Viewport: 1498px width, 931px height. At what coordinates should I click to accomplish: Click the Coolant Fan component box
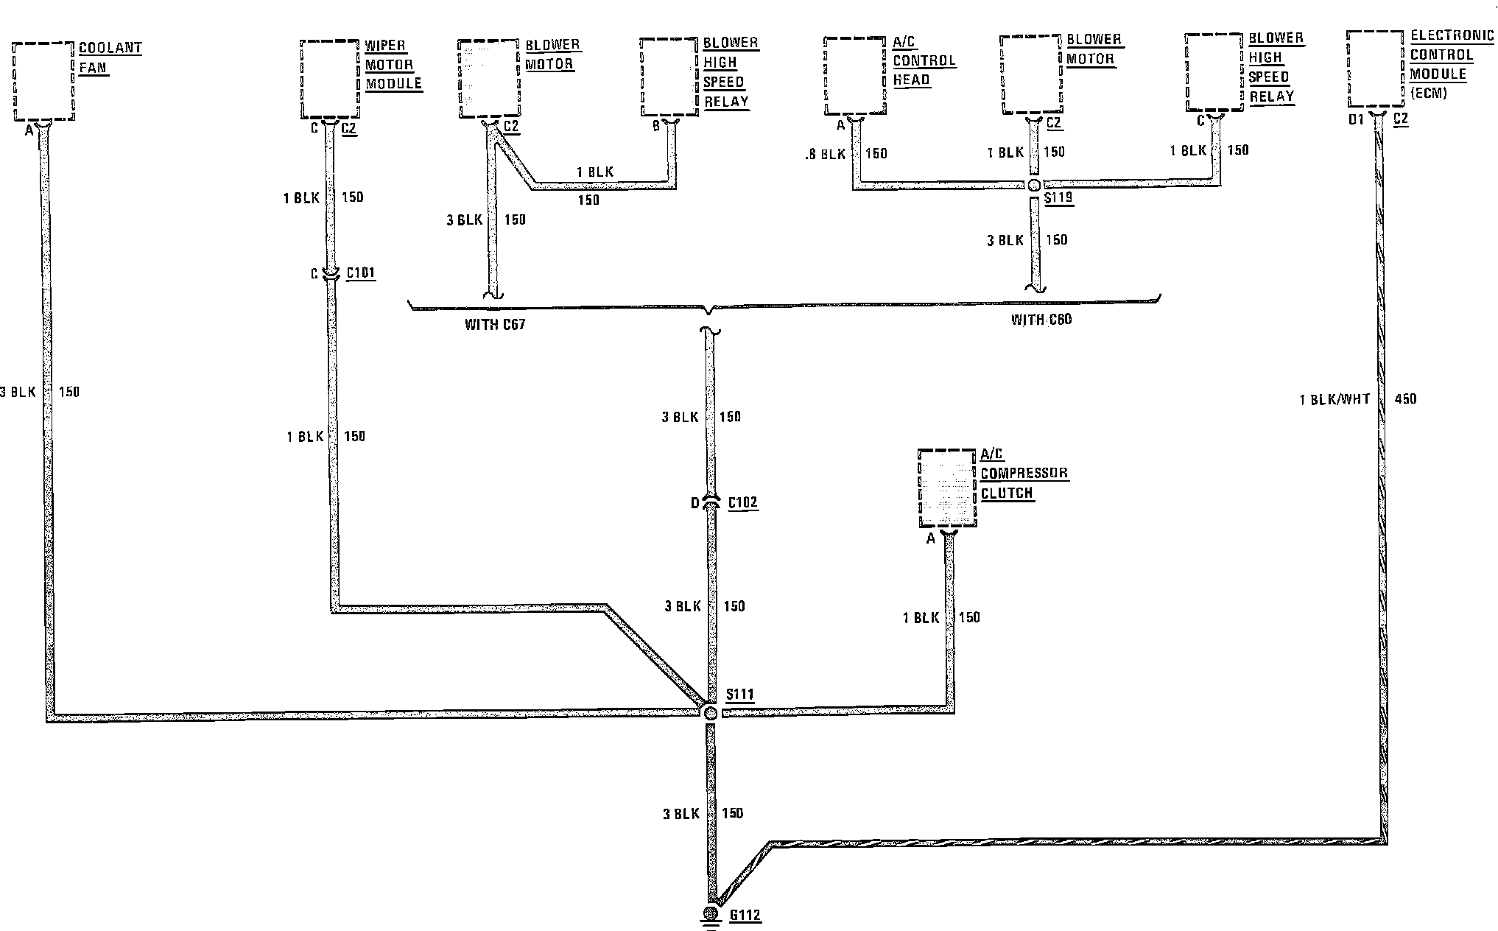44,81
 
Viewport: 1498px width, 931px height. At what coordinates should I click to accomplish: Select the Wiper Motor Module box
329,79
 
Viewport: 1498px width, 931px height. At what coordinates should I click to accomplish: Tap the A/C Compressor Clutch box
947,488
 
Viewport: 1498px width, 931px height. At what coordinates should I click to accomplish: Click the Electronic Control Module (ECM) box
1374,68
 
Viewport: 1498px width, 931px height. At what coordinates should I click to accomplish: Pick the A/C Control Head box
854,76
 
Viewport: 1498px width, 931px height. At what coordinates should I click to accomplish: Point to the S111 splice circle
710,712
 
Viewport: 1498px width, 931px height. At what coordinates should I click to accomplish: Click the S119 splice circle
1034,185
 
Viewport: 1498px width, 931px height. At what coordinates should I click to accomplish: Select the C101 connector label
360,273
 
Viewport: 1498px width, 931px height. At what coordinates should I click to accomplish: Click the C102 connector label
742,503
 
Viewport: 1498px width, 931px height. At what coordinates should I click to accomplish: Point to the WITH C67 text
495,324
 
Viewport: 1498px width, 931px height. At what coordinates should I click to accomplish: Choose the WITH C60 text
1041,320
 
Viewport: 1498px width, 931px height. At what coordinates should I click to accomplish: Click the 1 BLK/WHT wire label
1335,400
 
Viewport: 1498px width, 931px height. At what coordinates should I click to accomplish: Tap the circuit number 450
1405,399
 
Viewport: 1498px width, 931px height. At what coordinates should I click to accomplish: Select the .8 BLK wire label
826,155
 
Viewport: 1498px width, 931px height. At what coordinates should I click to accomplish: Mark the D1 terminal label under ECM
1356,119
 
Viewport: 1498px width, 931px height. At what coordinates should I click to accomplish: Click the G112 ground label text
745,916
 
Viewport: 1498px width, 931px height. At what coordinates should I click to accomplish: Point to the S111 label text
739,695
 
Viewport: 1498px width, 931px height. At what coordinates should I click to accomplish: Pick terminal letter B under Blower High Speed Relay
656,127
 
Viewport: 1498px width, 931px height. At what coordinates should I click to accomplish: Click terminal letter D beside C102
695,503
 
